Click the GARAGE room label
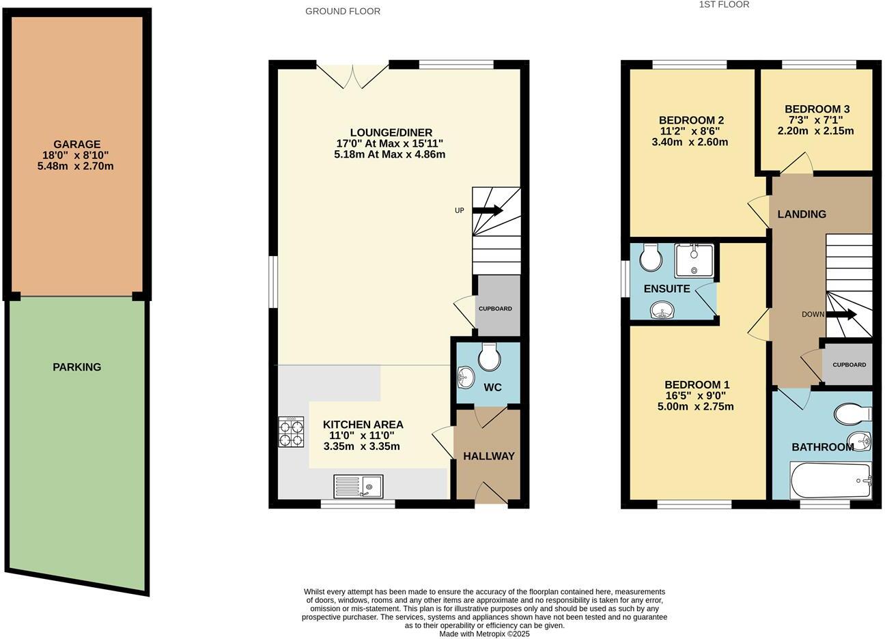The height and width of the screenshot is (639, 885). tap(77, 145)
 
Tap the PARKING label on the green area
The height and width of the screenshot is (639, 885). tap(77, 367)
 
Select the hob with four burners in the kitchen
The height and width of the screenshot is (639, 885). tap(291, 431)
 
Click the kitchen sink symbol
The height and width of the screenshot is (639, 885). tap(359, 486)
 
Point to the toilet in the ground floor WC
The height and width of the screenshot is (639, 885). tap(490, 355)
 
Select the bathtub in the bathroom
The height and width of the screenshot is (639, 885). tap(830, 481)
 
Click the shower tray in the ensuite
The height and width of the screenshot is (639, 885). tap(694, 260)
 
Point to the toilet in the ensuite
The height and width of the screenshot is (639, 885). tap(649, 257)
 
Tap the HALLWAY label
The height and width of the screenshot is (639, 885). tap(489, 456)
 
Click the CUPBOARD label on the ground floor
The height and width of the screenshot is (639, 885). tap(495, 309)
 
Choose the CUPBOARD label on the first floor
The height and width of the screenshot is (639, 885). tap(849, 365)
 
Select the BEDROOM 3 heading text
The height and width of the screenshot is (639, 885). tap(817, 109)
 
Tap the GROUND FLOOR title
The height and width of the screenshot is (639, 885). tap(343, 11)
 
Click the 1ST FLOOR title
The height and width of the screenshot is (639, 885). tap(724, 5)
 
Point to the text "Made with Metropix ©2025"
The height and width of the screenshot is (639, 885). tap(484, 634)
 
